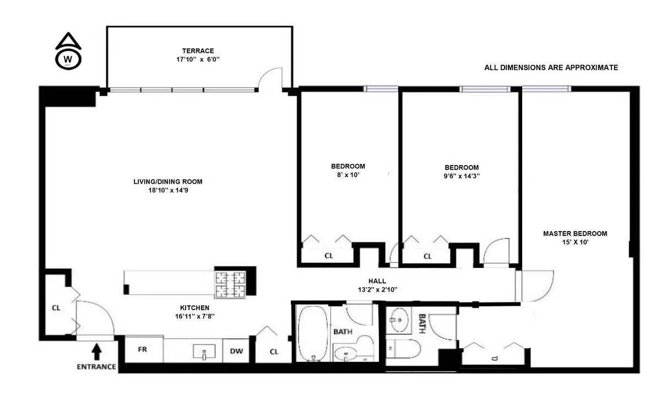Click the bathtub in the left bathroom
tap(313, 332)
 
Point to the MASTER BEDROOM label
tap(575, 234)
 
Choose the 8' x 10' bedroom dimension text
tap(348, 175)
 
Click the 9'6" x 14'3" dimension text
tap(462, 177)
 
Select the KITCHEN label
tap(194, 307)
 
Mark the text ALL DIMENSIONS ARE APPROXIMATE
tap(551, 68)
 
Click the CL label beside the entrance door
tap(56, 307)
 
